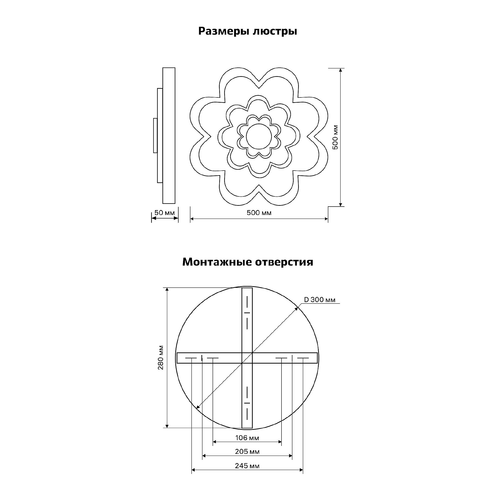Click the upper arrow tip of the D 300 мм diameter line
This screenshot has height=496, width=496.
click(298, 307)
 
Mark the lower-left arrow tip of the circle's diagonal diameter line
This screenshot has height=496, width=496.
click(196, 408)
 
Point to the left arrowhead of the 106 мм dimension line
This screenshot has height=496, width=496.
click(213, 442)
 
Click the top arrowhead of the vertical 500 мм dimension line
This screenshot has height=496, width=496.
click(341, 68)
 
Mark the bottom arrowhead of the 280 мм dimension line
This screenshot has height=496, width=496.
click(167, 428)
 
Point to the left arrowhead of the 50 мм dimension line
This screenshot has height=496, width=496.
click(152, 218)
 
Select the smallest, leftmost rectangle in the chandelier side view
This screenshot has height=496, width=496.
click(155, 136)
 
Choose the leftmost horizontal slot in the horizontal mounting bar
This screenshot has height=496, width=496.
click(191, 358)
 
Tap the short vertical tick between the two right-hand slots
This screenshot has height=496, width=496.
click(292, 358)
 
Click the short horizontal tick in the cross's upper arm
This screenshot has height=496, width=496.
click(247, 313)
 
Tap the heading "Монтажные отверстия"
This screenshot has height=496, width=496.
click(248, 262)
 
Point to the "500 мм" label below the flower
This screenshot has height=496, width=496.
click(259, 213)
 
